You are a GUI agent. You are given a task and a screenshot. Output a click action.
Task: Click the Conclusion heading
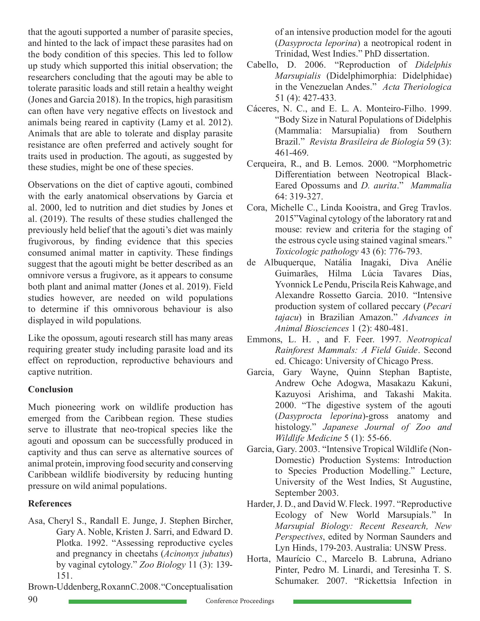(50, 389)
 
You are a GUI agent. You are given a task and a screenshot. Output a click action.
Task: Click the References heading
(50, 503)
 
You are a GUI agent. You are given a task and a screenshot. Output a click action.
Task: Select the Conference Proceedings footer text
(240, 601)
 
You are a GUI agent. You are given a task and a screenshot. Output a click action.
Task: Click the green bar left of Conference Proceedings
(128, 602)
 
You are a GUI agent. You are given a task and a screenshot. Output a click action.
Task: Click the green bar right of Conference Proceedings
(352, 602)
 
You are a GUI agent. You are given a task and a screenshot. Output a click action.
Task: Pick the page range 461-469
(292, 152)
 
